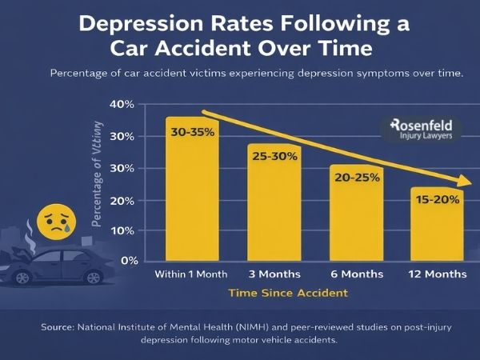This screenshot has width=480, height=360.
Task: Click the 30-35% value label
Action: click(x=193, y=131)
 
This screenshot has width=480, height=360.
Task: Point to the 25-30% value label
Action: click(x=273, y=157)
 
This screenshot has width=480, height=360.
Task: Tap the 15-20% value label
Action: click(x=438, y=199)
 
